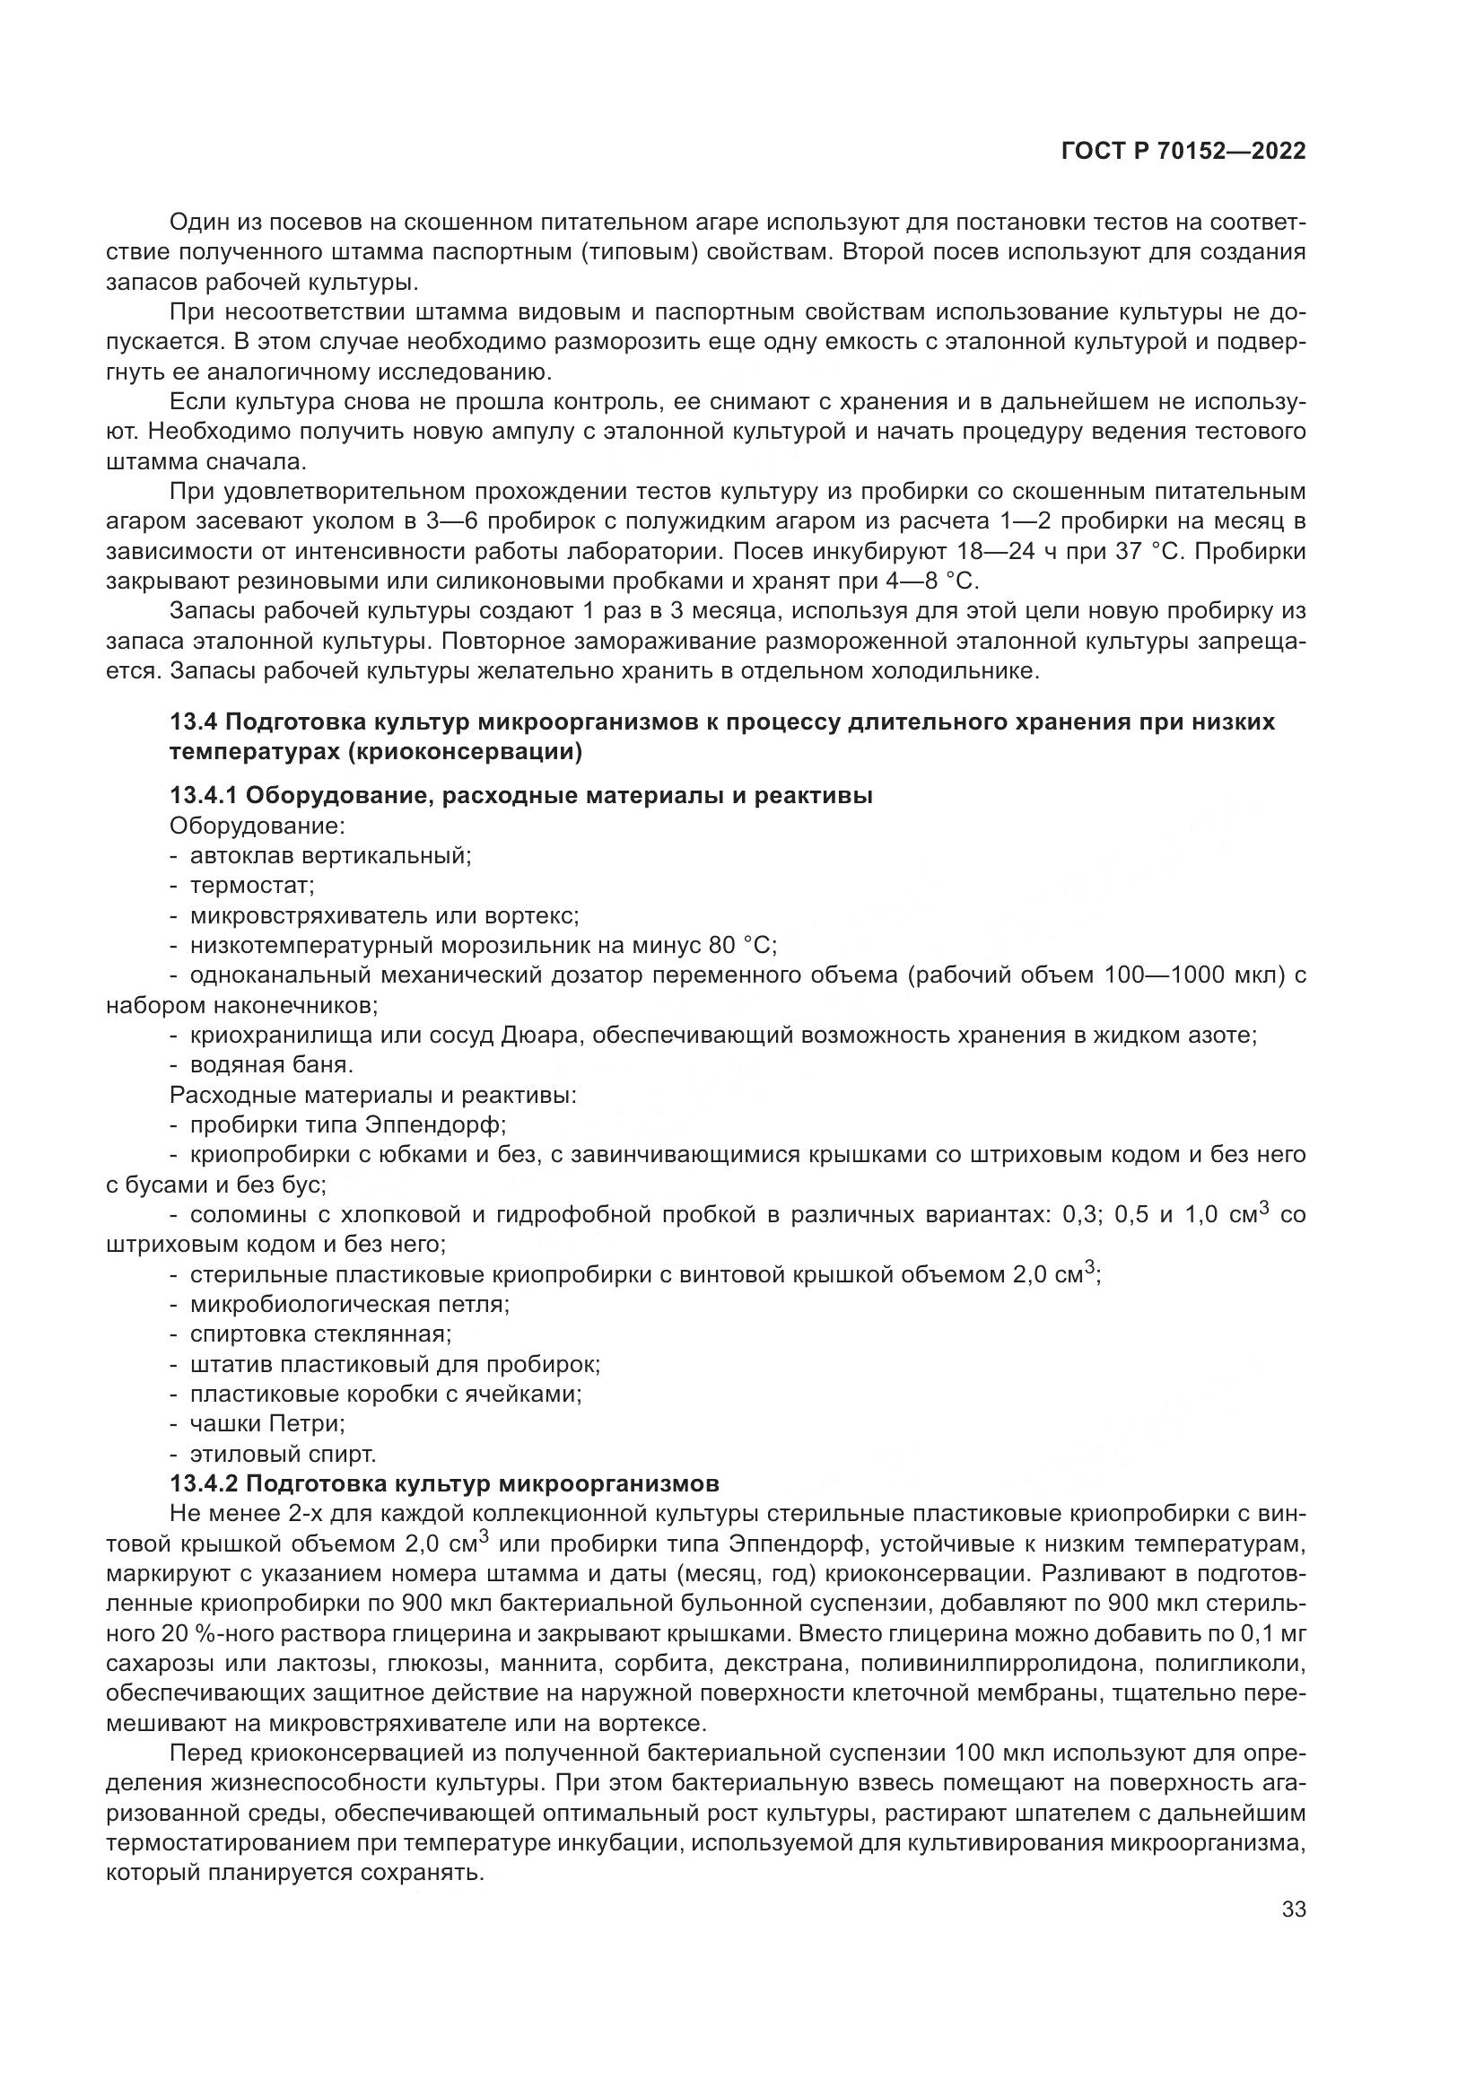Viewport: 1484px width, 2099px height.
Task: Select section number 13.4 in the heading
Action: coord(193,722)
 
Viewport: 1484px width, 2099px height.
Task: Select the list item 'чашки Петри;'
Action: coord(266,1423)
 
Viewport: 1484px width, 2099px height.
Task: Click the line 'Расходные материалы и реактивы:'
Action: coord(373,1094)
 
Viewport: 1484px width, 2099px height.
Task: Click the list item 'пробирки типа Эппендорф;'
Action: coord(347,1124)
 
